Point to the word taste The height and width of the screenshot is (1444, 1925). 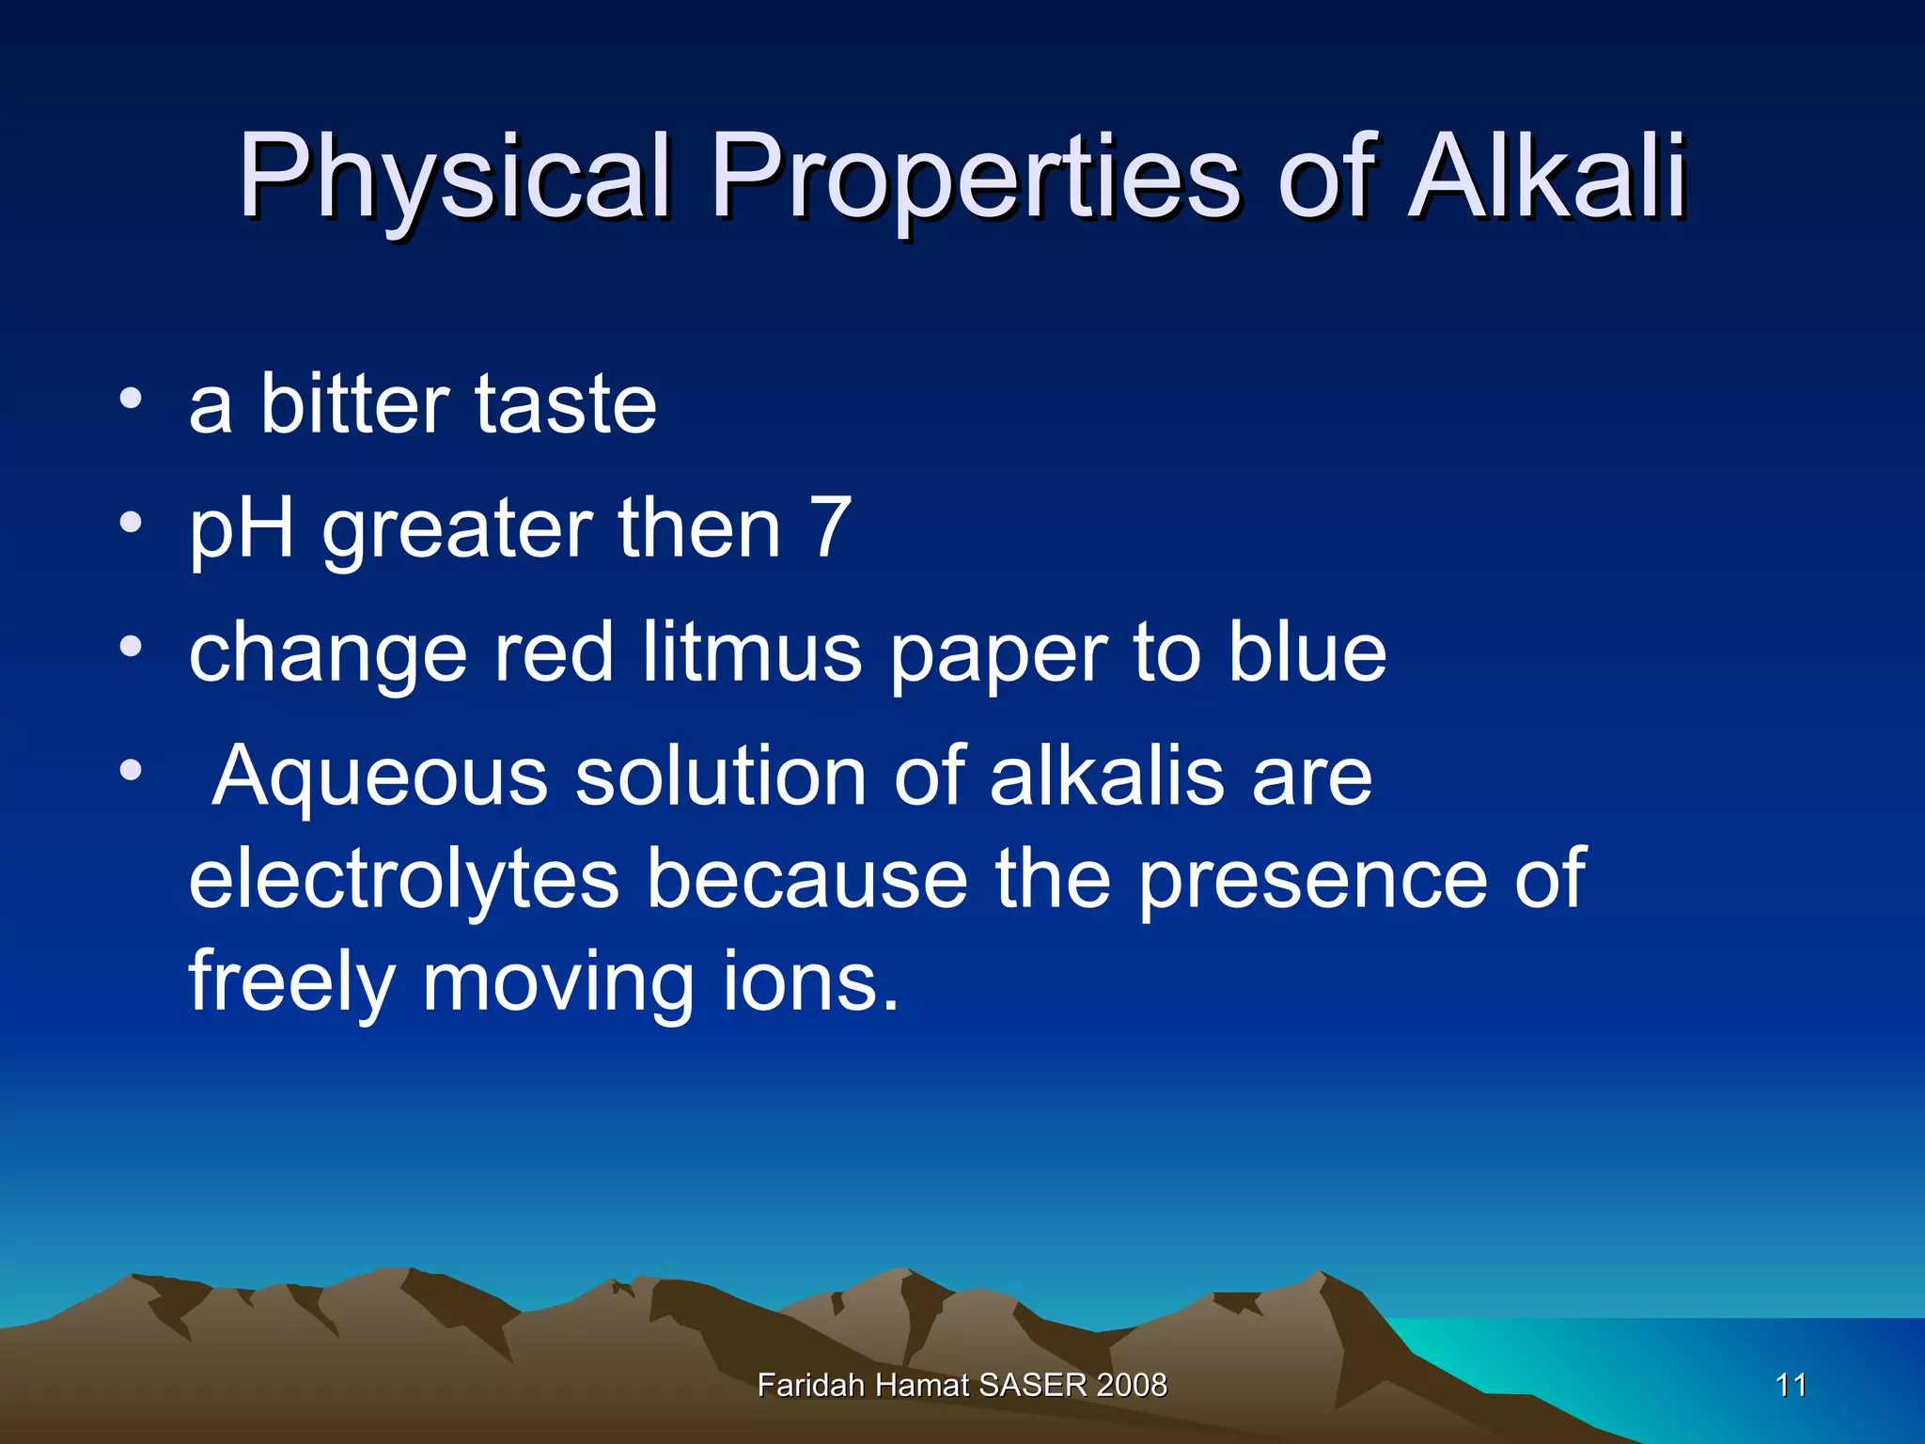pos(566,403)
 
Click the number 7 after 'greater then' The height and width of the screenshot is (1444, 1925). pos(831,527)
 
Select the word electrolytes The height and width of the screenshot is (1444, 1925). pos(404,878)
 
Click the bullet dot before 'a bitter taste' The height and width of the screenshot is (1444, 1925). pos(131,399)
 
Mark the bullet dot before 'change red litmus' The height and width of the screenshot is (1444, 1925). pos(131,647)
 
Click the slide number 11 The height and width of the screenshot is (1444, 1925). pos(1791,1385)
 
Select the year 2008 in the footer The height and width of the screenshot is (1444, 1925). pos(1132,1385)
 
